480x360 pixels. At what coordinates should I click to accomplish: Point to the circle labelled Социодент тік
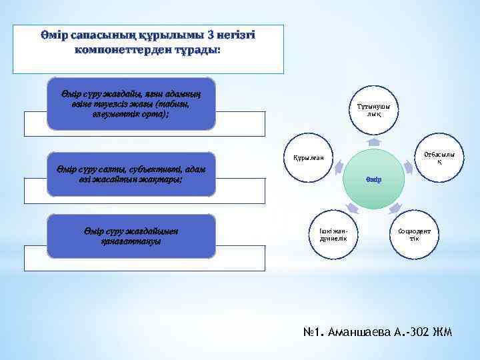(415, 235)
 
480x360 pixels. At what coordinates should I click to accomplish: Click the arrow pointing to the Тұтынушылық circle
(374, 142)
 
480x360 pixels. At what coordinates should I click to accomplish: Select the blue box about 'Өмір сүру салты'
(131, 175)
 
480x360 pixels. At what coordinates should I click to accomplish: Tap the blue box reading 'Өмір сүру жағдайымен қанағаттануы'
(131, 235)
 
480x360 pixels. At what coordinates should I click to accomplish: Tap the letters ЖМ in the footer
(443, 332)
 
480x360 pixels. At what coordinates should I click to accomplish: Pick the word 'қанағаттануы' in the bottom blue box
(131, 241)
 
